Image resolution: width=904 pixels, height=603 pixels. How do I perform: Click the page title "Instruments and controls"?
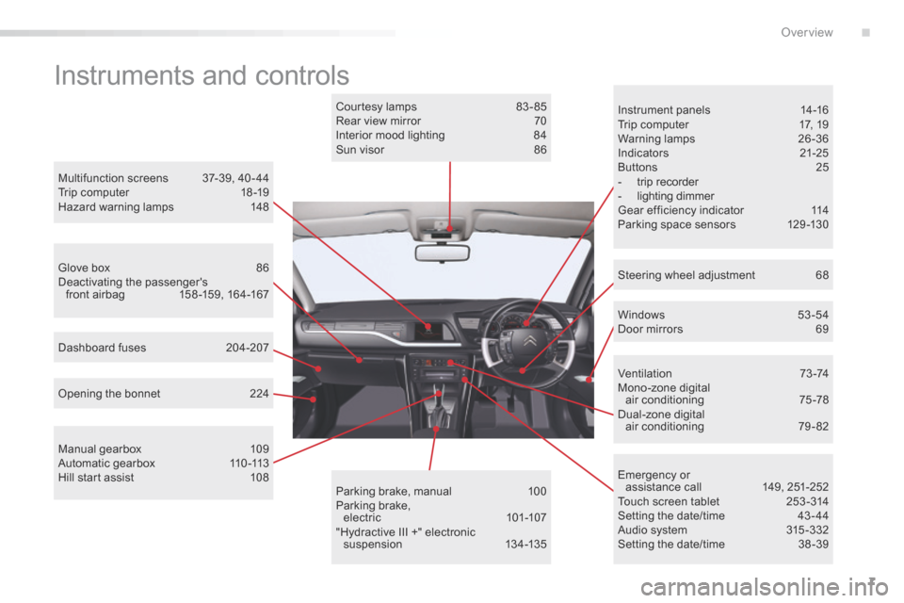[x=202, y=75]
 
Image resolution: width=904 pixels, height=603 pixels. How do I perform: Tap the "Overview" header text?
[x=807, y=32]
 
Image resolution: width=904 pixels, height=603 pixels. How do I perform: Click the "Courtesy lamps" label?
[x=376, y=106]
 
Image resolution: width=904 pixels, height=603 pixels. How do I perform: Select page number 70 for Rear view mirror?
[x=540, y=121]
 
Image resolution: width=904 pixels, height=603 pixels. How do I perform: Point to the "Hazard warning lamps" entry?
[x=115, y=206]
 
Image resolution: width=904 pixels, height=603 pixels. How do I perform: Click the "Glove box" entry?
[x=84, y=268]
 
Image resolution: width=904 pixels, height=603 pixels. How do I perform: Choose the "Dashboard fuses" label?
[x=102, y=348]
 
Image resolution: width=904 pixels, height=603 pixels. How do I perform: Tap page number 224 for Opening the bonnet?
[x=259, y=394]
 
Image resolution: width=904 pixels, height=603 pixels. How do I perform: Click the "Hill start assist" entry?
[x=96, y=477]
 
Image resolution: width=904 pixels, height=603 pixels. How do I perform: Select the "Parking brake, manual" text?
[x=394, y=491]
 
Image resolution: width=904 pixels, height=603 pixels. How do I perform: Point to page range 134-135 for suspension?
[x=525, y=545]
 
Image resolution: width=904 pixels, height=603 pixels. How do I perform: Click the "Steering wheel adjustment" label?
[x=686, y=275]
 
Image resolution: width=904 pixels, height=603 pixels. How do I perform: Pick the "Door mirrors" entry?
[x=650, y=329]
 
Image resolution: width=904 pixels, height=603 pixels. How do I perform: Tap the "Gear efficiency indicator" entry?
[x=680, y=210]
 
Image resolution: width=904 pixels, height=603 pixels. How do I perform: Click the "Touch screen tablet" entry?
[x=669, y=501]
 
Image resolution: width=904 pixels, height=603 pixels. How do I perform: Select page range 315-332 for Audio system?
[x=807, y=530]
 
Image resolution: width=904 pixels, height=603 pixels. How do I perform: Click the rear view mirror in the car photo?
[x=443, y=253]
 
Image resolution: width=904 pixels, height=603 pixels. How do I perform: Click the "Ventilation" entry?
[x=644, y=373]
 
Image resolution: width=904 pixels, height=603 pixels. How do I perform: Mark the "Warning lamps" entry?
[x=656, y=139]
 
